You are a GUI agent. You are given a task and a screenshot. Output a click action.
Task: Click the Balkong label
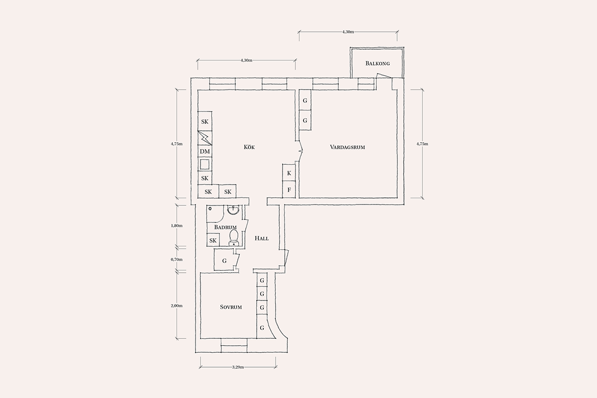pos(378,64)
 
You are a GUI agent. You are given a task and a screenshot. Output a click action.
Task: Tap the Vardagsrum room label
pos(347,147)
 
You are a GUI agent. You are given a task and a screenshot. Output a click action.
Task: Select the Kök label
pos(249,147)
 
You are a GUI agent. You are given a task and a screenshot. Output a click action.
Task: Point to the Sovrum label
pos(231,307)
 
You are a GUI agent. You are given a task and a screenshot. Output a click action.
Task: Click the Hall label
pos(262,238)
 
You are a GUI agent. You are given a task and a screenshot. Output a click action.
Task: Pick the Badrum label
pos(225,227)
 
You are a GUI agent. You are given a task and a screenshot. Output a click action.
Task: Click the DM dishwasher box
pos(205,151)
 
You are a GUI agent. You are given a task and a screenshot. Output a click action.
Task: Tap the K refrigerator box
pos(289,173)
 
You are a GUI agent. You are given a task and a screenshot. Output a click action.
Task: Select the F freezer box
pos(289,190)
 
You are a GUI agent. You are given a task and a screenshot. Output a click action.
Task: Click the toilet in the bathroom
pos(234,238)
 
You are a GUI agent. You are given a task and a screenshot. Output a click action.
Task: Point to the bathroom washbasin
pos(234,209)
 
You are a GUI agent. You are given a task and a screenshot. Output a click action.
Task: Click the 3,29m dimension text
pos(238,367)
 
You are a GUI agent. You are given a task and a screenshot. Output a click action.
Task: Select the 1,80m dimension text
pos(177,225)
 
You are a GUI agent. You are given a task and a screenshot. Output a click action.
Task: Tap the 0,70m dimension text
pos(177,259)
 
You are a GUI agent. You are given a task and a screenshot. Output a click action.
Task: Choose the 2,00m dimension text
pos(177,306)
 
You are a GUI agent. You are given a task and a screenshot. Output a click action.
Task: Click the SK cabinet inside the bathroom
pos(213,240)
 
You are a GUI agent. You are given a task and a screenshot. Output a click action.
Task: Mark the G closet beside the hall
pos(224,261)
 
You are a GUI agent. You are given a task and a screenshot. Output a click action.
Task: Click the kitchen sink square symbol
pos(204,164)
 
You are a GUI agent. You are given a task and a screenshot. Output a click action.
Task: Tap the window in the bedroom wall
pos(234,345)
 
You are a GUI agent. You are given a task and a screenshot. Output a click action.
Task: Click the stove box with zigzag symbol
pos(205,138)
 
